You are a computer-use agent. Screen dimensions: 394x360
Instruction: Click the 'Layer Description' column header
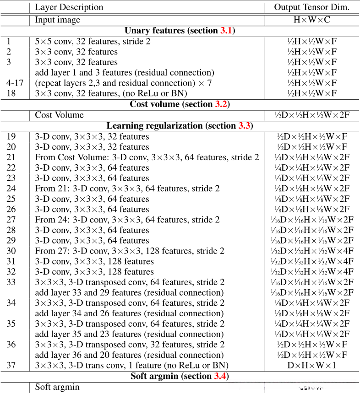click(69, 7)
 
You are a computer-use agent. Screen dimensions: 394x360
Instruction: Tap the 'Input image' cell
click(58, 20)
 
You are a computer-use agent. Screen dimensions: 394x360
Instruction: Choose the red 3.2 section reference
click(221, 104)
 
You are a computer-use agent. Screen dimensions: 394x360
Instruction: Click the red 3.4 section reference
click(219, 376)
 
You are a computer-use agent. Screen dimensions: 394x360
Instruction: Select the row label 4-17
click(15, 83)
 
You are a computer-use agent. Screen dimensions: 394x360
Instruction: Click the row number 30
click(11, 251)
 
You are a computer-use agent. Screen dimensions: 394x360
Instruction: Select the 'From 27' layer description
click(130, 251)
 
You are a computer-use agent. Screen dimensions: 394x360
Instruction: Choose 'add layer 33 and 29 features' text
click(129, 292)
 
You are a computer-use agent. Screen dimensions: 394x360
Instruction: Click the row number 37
click(11, 365)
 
